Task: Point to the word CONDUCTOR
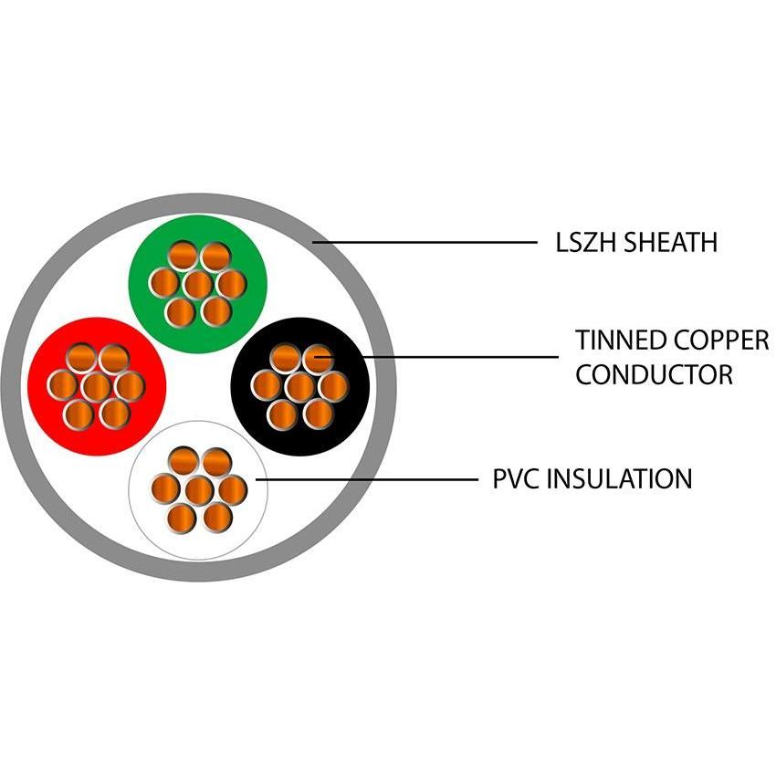654,374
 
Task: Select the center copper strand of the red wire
96,386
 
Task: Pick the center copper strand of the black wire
299,386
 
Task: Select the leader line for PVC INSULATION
365,478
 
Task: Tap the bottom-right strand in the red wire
114,414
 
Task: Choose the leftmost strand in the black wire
266,386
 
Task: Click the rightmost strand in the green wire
231,284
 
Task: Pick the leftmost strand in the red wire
62,386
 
